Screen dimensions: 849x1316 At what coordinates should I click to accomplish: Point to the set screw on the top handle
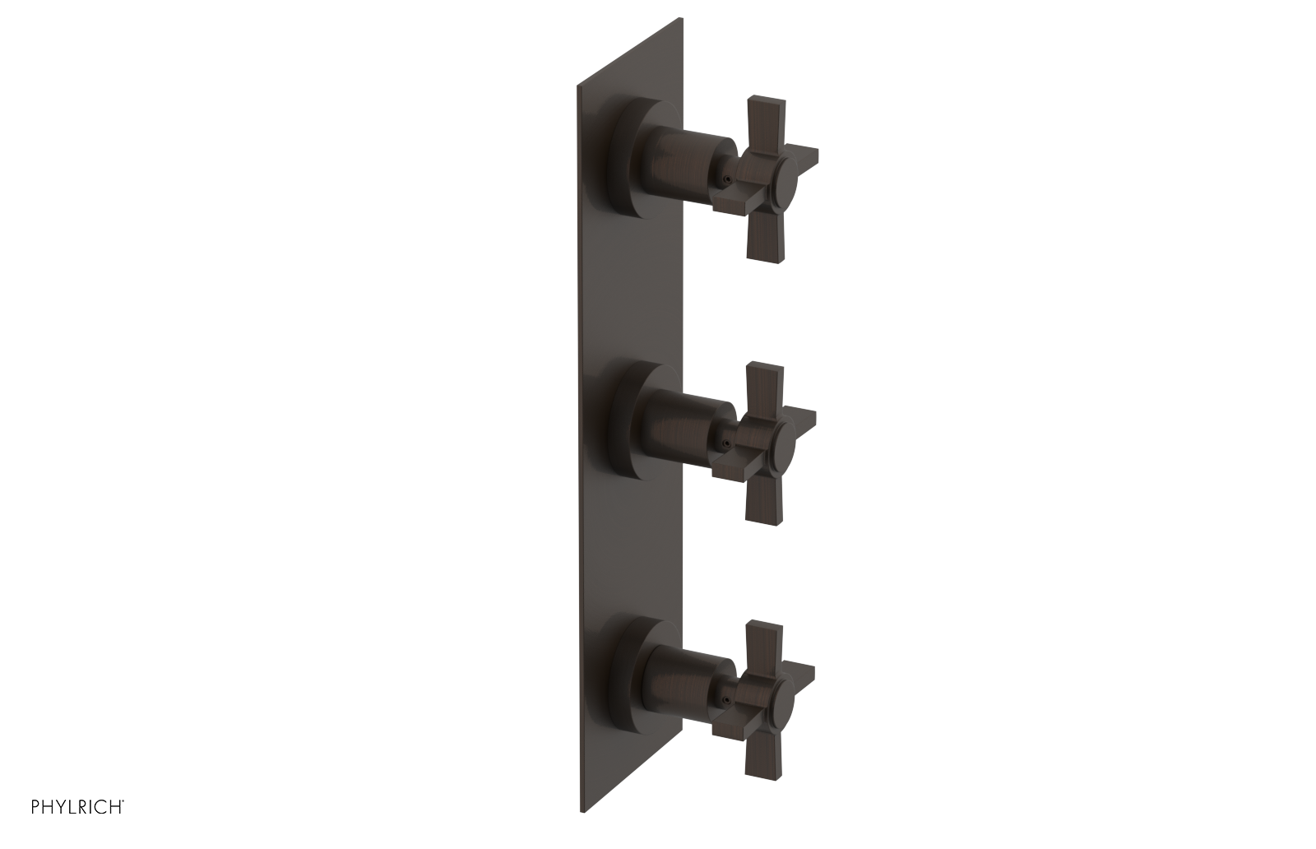point(725,177)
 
